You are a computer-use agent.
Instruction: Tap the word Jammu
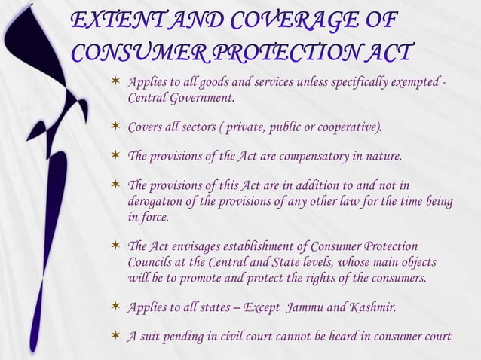pyautogui.click(x=307, y=307)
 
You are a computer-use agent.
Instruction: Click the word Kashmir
pyautogui.click(x=369, y=307)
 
